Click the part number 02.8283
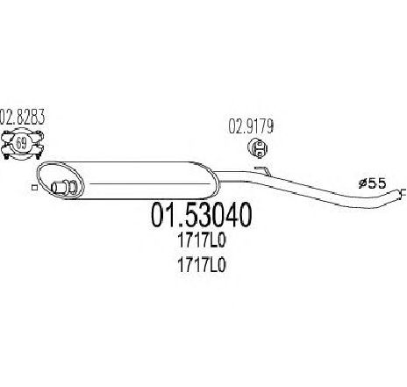click(x=22, y=117)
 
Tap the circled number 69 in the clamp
click(x=20, y=143)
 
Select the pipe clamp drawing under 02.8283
click(x=22, y=145)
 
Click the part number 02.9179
click(x=251, y=126)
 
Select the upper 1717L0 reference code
click(x=202, y=241)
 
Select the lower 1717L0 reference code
click(x=202, y=266)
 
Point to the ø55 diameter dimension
click(x=373, y=183)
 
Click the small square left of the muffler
click(x=34, y=188)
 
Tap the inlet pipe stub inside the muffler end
click(x=58, y=187)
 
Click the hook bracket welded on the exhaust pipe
click(x=262, y=171)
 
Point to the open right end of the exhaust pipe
click(x=401, y=193)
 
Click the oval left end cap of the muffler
click(x=60, y=181)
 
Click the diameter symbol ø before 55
click(x=362, y=183)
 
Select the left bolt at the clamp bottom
click(x=5, y=156)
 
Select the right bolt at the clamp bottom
click(x=38, y=156)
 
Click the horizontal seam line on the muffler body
click(x=150, y=183)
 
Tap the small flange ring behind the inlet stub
click(x=73, y=187)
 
